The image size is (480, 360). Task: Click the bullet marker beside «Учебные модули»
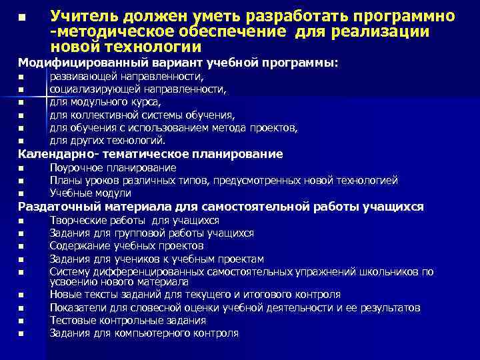pos(21,194)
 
